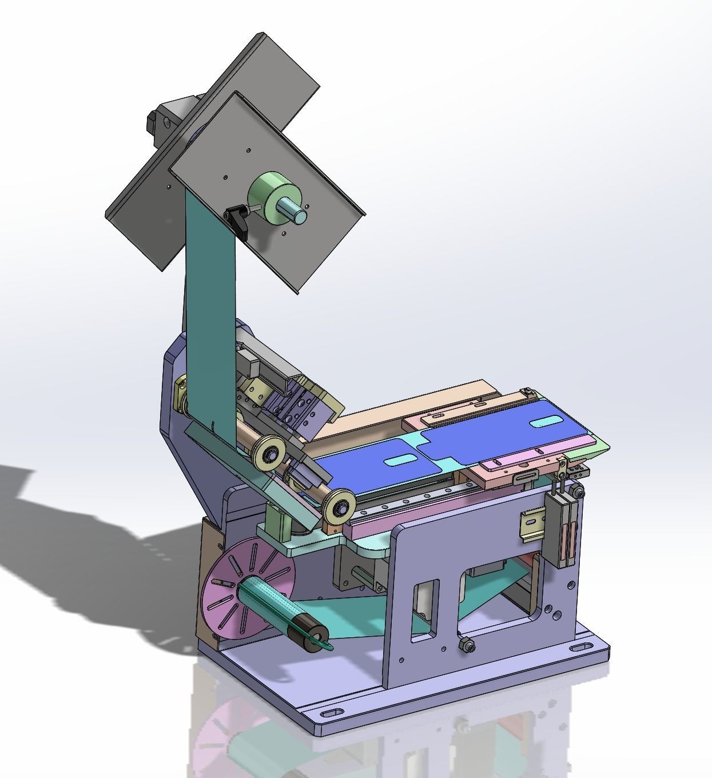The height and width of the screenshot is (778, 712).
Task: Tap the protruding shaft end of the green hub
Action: (299, 215)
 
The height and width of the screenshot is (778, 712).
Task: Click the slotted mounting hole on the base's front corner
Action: (329, 716)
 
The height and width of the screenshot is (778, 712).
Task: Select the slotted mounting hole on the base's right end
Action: (582, 646)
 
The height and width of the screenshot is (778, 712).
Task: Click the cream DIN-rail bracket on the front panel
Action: (530, 524)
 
